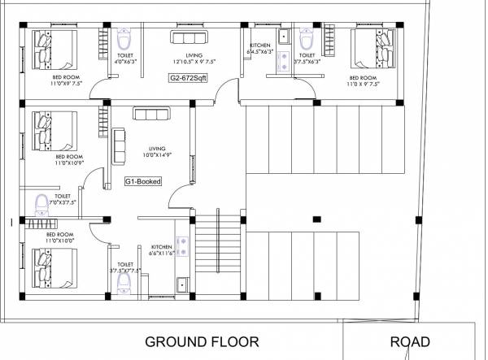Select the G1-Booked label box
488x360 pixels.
pyautogui.click(x=142, y=182)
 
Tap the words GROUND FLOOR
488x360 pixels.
pyautogui.click(x=202, y=342)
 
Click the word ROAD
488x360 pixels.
pyautogui.click(x=410, y=342)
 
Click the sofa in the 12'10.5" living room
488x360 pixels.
pyautogui.click(x=189, y=37)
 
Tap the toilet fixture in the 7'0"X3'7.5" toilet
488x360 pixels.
pyautogui.click(x=41, y=203)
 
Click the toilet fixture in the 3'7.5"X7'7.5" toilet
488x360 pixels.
pyautogui.click(x=124, y=280)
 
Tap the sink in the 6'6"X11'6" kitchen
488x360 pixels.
pyautogui.click(x=183, y=284)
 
